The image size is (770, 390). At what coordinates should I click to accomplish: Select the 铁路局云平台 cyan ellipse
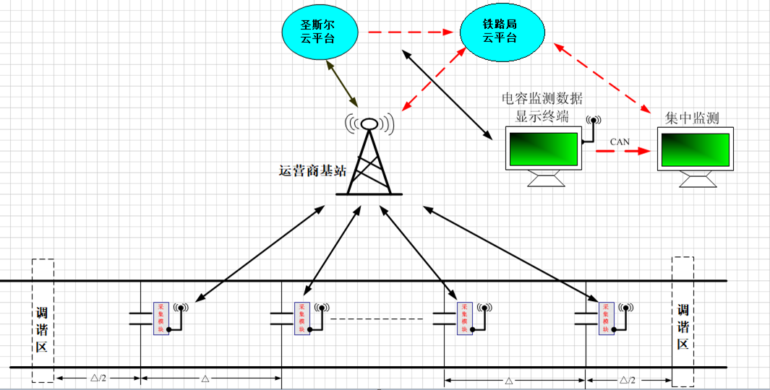coord(499,32)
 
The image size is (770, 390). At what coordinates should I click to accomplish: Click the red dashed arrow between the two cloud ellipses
coord(409,32)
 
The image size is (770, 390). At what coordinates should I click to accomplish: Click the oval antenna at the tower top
coord(369,123)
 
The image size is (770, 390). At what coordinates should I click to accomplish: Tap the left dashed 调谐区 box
coord(43,320)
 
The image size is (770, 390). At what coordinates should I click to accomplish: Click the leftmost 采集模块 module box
coord(161,318)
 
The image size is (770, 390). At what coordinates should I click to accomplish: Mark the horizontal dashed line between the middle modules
coord(376,318)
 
